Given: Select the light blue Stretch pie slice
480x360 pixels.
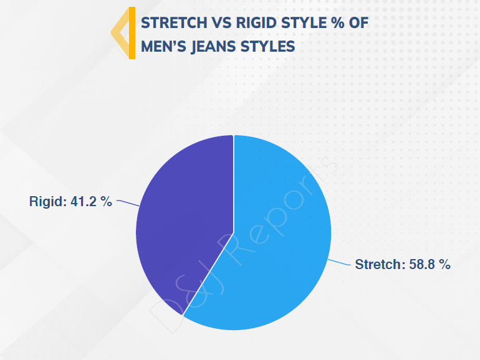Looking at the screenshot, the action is click(x=276, y=239).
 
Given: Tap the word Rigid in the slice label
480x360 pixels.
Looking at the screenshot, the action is click(x=48, y=202).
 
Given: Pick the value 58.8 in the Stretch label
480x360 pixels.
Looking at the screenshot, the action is click(x=422, y=264).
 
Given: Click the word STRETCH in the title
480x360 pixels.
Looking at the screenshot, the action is click(x=174, y=23).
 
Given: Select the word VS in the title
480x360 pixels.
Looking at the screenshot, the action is click(x=222, y=23).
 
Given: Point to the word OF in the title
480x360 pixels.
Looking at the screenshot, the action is click(x=358, y=23).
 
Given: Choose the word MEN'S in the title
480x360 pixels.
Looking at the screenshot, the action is click(x=163, y=47).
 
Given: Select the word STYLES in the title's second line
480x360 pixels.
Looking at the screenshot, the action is click(x=267, y=47).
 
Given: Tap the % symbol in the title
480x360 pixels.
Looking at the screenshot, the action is click(x=338, y=23).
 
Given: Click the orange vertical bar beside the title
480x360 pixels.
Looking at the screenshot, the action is click(x=132, y=33).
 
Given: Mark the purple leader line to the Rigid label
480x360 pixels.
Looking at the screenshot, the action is click(x=128, y=203).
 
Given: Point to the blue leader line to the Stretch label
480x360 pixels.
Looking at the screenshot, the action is click(x=339, y=262).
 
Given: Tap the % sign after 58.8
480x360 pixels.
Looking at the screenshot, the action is click(x=444, y=264).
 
